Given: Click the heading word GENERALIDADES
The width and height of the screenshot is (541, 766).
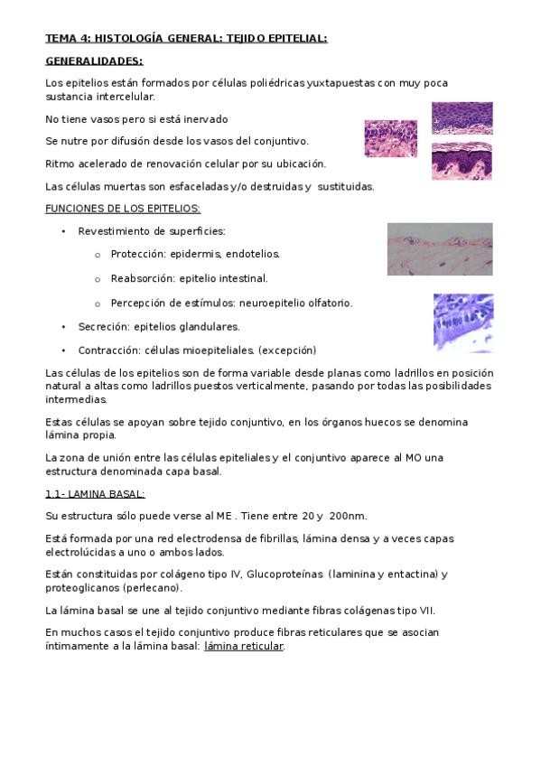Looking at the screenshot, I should click(94, 61).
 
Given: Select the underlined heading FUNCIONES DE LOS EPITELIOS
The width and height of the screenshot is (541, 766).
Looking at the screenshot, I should click(123, 209).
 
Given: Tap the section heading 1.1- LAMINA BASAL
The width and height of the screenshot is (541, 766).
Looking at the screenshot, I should click(95, 493).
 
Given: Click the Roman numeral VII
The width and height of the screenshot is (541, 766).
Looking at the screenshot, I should click(423, 610).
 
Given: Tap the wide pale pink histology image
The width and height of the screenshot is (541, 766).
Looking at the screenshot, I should click(440, 249).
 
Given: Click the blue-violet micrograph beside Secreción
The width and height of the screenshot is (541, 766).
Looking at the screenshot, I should click(462, 322).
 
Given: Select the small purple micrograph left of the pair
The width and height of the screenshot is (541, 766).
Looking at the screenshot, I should click(390, 139).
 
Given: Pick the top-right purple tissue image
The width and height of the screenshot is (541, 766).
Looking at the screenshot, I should click(462, 117).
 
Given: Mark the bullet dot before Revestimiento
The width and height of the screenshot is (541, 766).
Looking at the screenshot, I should click(63, 232).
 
